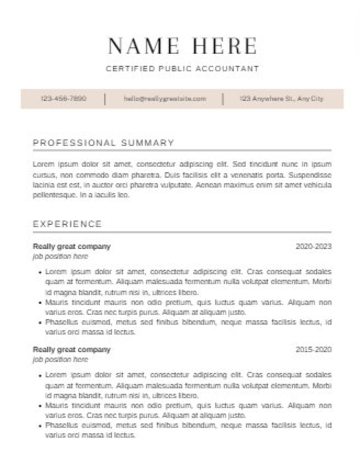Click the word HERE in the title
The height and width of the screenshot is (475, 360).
(225, 46)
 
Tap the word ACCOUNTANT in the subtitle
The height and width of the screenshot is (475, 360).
(227, 68)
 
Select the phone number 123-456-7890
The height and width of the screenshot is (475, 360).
(63, 98)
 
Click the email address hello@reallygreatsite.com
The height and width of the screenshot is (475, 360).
(165, 99)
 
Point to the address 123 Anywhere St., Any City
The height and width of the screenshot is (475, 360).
(281, 99)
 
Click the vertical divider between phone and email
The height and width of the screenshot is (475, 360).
(105, 99)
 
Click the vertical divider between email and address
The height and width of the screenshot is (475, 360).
(223, 99)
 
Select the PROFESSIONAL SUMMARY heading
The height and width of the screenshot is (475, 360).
(103, 143)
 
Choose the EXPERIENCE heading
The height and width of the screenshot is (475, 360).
(67, 224)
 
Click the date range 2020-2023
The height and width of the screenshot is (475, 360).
(313, 246)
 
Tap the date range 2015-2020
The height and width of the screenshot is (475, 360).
(313, 349)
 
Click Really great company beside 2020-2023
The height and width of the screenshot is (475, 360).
(72, 246)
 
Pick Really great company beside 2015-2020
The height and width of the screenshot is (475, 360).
(72, 349)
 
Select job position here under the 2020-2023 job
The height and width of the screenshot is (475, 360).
(60, 256)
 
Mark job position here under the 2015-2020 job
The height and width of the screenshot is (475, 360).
(60, 359)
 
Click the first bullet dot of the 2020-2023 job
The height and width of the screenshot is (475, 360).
(40, 272)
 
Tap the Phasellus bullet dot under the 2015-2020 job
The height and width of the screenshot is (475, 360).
(40, 426)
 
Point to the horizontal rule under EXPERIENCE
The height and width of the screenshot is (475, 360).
(182, 232)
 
